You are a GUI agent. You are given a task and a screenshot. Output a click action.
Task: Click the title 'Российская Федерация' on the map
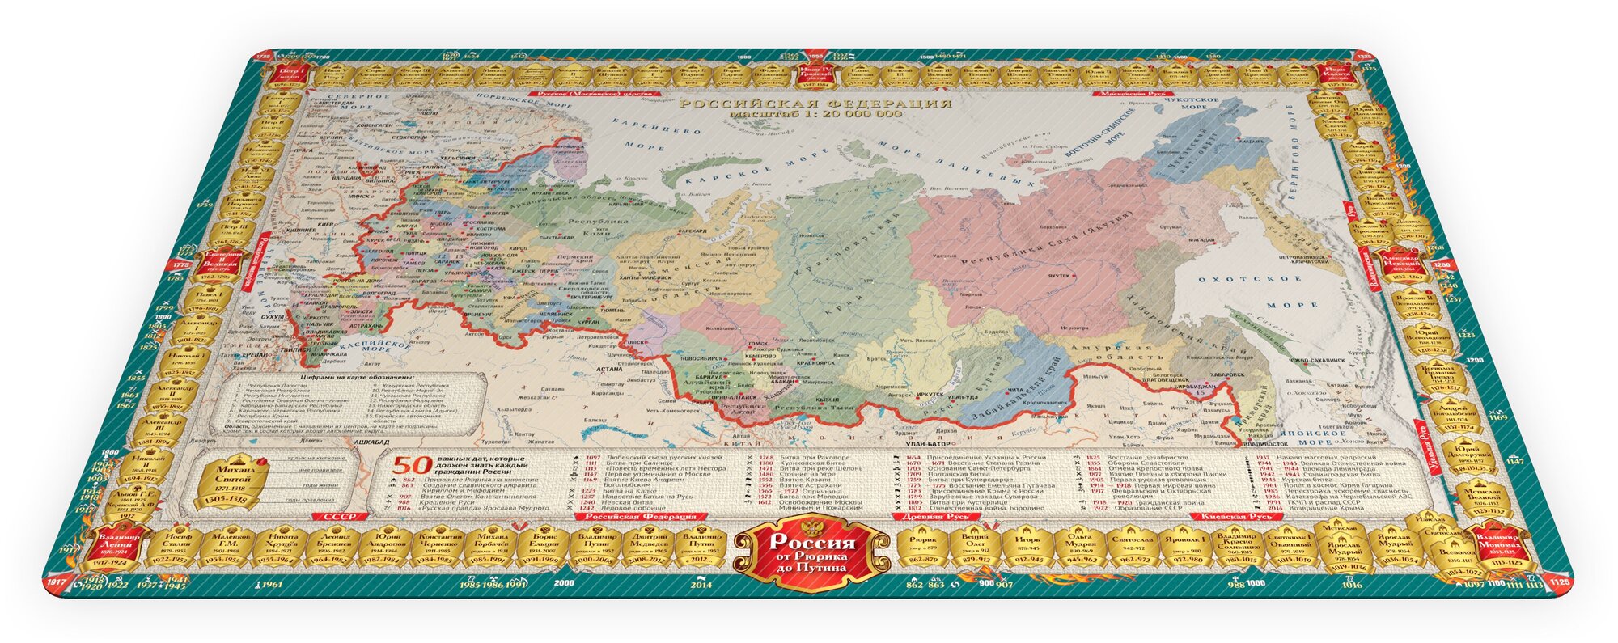[x=814, y=104]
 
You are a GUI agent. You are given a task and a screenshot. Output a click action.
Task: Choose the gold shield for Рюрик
[x=923, y=548]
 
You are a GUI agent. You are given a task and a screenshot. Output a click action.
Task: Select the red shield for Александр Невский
[x=1402, y=265]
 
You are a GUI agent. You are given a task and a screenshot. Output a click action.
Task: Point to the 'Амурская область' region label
[x=1116, y=351]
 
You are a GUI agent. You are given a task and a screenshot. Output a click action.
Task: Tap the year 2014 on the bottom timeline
[x=701, y=584]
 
